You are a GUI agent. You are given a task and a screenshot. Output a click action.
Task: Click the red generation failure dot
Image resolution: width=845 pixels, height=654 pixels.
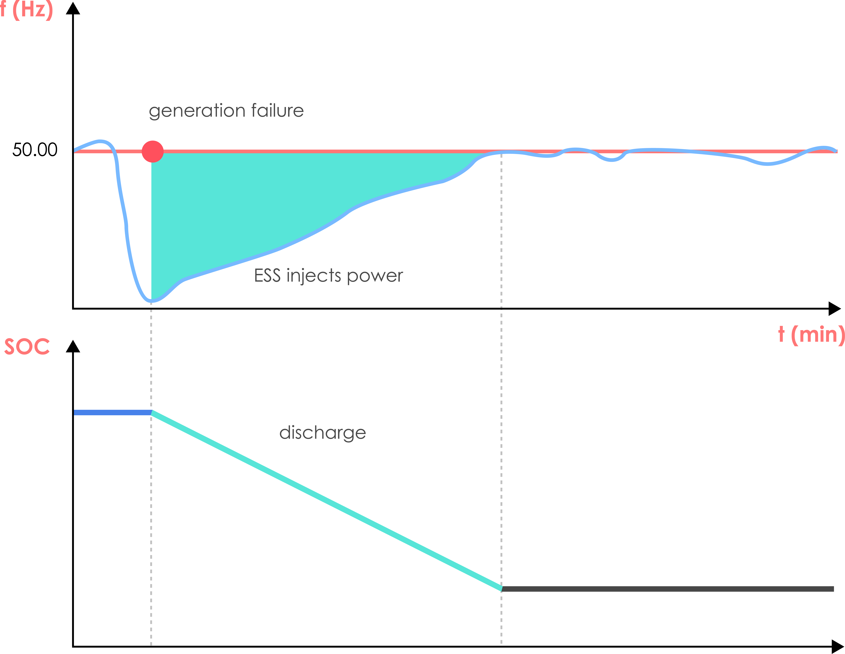(152, 151)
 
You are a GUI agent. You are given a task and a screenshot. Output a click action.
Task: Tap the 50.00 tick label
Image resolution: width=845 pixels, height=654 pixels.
(35, 150)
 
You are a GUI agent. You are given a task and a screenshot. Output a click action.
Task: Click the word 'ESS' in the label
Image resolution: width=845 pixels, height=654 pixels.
(267, 276)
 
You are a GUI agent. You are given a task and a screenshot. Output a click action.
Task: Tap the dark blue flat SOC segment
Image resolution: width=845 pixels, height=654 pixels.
(112, 412)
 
